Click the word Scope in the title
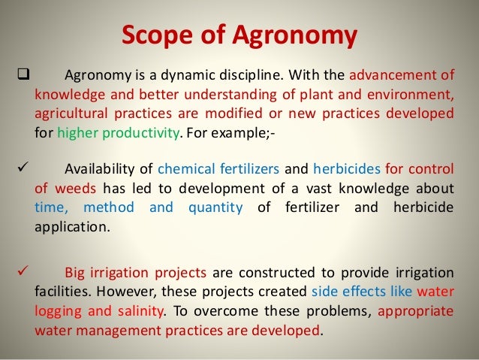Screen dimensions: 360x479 151,35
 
